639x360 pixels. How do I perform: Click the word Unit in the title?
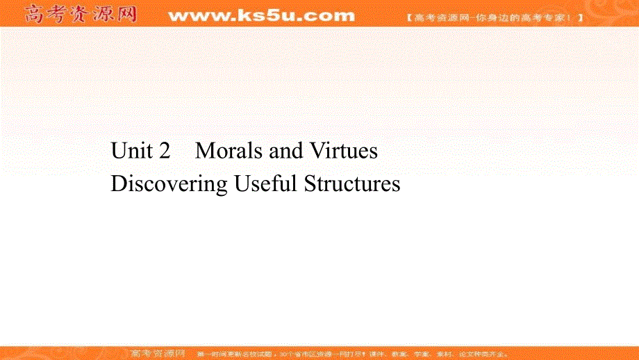[x=131, y=151]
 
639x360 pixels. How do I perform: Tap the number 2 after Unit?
[x=164, y=151]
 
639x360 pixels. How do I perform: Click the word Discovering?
[x=169, y=184]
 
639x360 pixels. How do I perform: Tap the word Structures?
[x=352, y=184]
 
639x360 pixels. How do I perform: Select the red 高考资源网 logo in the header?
[x=79, y=14]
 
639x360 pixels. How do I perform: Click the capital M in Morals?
[x=204, y=151]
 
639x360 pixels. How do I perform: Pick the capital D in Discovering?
[x=117, y=184]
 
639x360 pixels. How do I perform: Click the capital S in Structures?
[x=310, y=184]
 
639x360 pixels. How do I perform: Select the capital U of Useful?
[x=242, y=184]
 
